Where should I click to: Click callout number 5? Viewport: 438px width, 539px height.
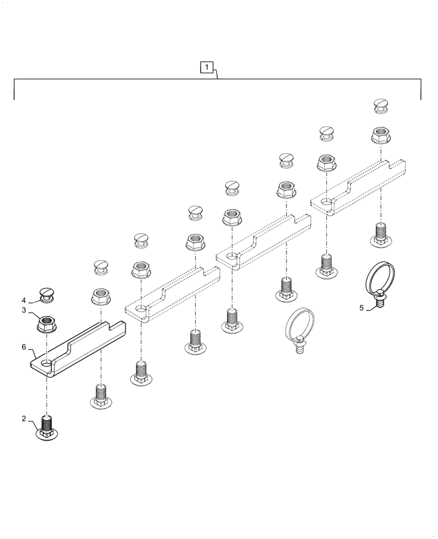click(x=361, y=308)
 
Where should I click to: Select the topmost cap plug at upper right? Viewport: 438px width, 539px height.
click(x=381, y=106)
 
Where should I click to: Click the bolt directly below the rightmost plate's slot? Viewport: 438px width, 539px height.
click(x=381, y=235)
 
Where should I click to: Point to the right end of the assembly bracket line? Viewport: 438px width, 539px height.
click(x=421, y=99)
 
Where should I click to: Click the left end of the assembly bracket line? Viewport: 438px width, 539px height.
click(x=14, y=99)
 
